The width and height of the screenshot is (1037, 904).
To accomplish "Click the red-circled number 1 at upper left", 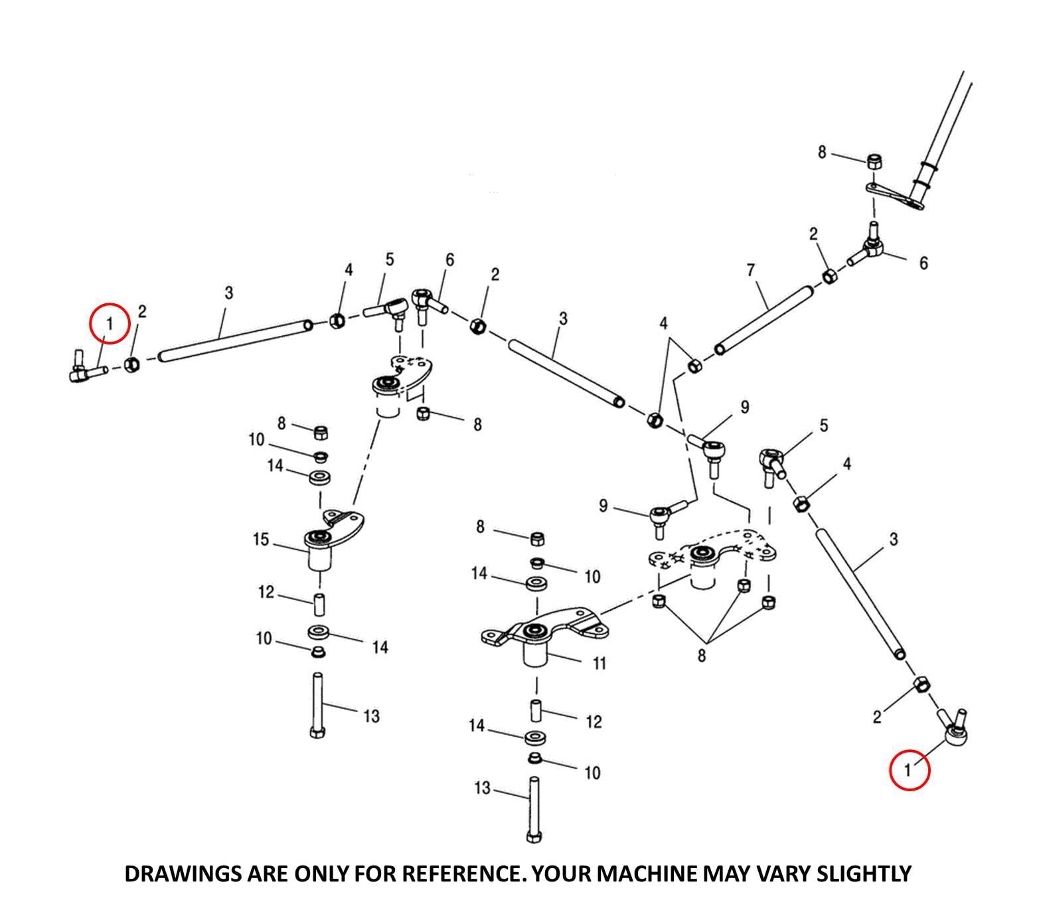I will [109, 323].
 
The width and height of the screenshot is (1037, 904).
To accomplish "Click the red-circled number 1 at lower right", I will [909, 770].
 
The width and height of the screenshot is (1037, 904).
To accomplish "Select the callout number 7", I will [750, 271].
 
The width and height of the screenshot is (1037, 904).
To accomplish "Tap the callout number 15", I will [261, 540].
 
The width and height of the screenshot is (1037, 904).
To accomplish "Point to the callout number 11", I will [599, 663].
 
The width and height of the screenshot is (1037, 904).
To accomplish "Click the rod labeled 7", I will [763, 319].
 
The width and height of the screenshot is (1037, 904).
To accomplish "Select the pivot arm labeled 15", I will [332, 538].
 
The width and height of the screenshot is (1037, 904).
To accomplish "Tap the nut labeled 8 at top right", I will [875, 162].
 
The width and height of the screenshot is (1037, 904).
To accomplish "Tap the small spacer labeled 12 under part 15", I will [319, 605].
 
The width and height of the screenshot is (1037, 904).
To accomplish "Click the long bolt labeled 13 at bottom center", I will [533, 810].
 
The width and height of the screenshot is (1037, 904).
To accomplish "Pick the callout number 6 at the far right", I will [923, 264].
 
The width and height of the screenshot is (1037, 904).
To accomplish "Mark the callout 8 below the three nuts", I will [702, 656].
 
